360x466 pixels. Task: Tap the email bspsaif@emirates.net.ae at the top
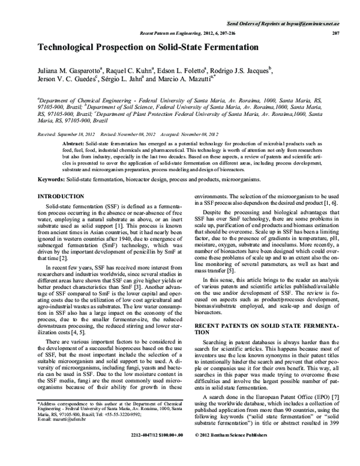(x=309, y=22)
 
